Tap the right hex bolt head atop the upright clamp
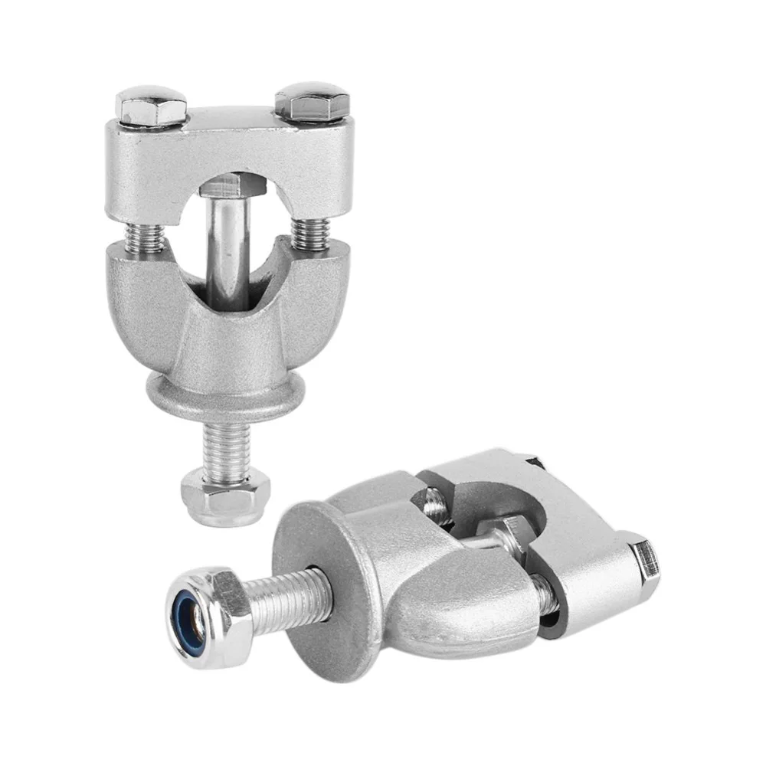pyautogui.click(x=313, y=103)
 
